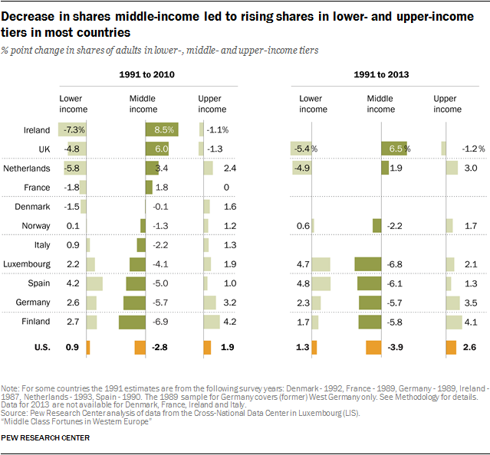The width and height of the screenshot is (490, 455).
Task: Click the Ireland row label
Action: (x=37, y=130)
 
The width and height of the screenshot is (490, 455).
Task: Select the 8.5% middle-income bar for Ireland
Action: (x=162, y=130)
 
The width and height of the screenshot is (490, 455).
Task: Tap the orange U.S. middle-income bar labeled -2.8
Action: (x=140, y=348)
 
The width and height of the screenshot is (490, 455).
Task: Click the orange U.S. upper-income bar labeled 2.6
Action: (x=451, y=348)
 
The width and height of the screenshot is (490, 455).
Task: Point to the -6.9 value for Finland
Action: (x=163, y=322)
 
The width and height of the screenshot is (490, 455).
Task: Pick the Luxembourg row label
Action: (x=27, y=264)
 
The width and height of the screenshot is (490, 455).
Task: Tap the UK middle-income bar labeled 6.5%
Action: (x=396, y=149)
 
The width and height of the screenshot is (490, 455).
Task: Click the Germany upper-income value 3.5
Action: (x=471, y=303)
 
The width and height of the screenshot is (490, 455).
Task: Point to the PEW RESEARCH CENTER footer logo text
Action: (x=45, y=437)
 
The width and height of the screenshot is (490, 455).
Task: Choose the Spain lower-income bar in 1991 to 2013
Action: (x=321, y=283)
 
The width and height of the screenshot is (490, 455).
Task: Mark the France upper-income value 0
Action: (x=225, y=188)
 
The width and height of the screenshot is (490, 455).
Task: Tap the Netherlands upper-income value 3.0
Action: (x=471, y=168)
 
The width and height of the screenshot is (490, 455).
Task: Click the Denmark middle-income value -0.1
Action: (x=161, y=207)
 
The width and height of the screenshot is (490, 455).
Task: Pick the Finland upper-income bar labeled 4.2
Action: (x=211, y=322)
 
